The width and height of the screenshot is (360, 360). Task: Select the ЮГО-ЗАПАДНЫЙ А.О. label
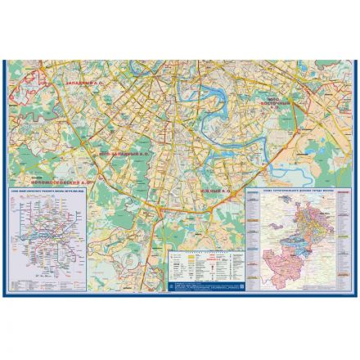pos(121,153)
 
